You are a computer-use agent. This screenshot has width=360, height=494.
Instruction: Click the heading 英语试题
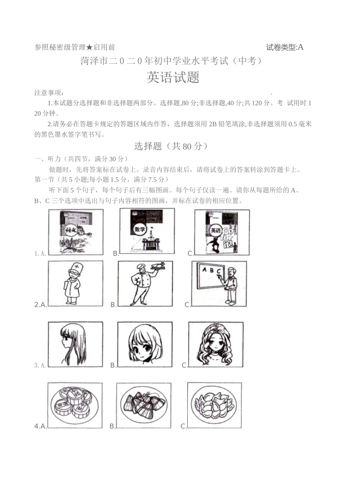[173, 78]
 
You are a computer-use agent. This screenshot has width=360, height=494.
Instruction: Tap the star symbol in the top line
[89, 47]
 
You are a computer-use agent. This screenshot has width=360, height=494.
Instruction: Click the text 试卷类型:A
[285, 47]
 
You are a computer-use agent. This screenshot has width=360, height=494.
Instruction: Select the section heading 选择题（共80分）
[171, 146]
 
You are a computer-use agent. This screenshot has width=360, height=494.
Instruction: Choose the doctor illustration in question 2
[75, 284]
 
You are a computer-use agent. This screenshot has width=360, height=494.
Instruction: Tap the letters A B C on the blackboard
[211, 270]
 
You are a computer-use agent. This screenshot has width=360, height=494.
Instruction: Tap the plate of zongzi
[144, 405]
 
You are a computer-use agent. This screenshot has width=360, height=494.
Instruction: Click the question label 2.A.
[41, 304]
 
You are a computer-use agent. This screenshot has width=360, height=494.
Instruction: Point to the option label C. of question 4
[183, 426]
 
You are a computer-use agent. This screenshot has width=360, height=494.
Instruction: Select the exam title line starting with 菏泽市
[171, 61]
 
